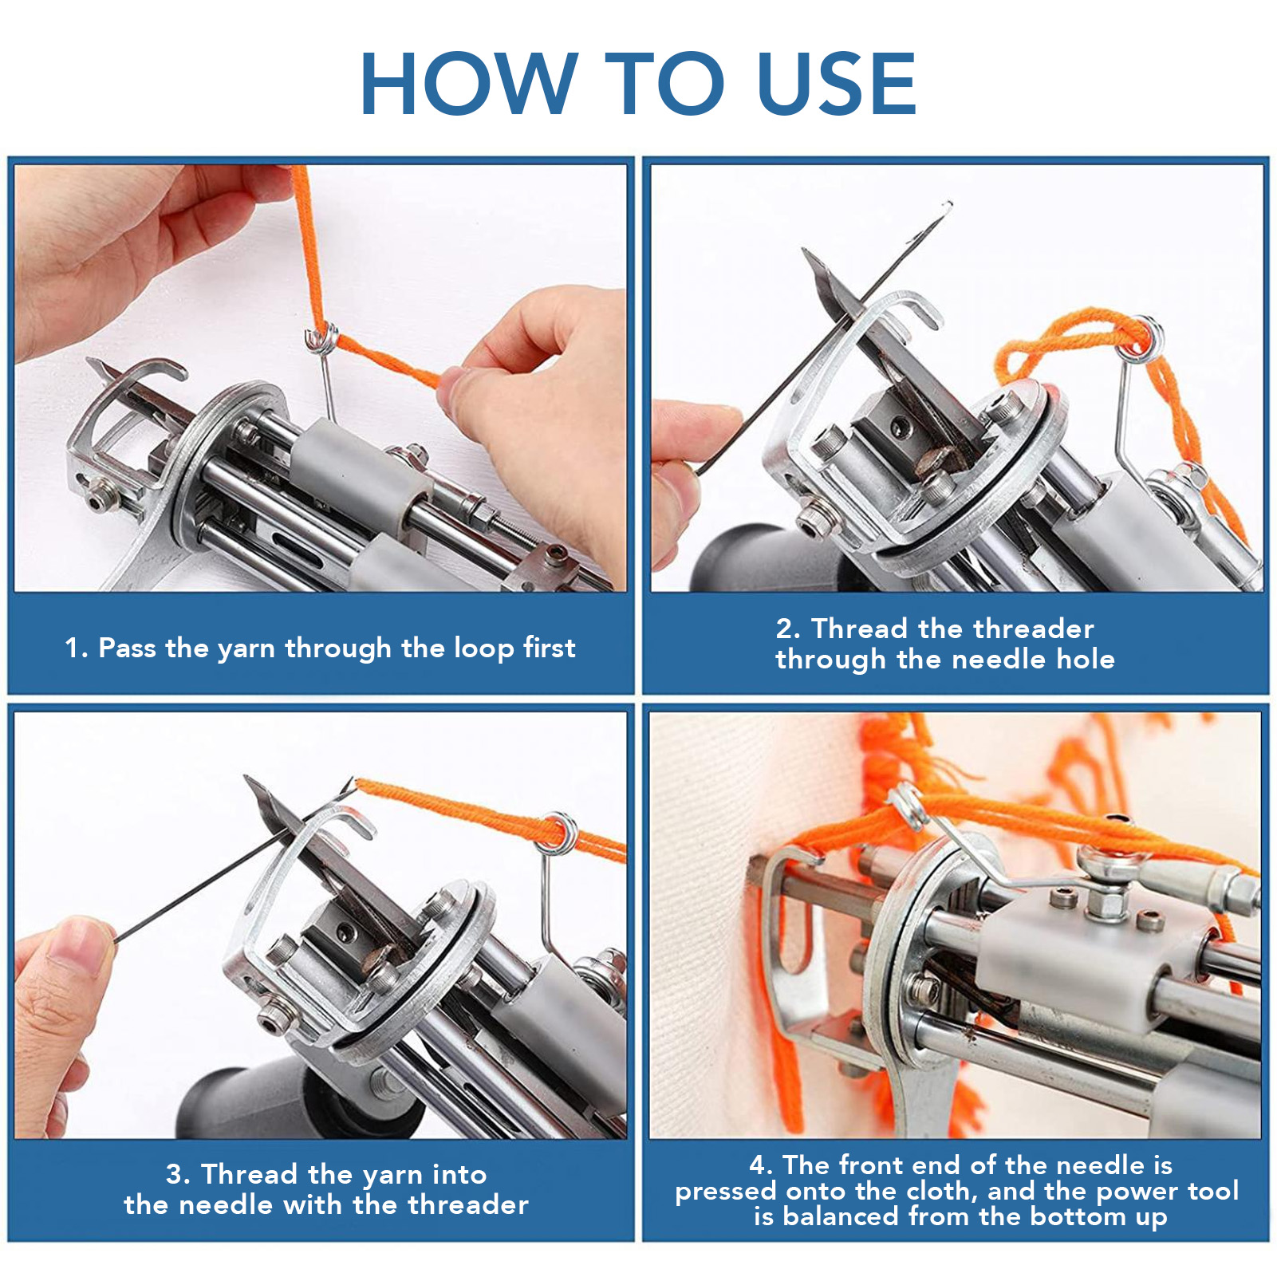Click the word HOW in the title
coord(469,83)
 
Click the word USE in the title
coord(837,83)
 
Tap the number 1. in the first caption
coord(77,648)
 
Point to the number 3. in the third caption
coord(179,1174)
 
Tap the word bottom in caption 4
coord(1059,1216)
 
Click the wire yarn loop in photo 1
coord(321,339)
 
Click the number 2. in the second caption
coord(789,629)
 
